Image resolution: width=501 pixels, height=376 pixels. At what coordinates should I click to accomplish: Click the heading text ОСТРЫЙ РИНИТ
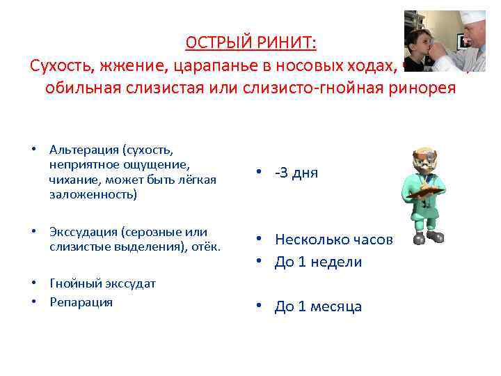(250, 43)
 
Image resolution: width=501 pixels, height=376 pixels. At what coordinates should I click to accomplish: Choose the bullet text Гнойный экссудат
(102, 283)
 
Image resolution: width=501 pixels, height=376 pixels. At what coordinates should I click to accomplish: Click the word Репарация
(81, 302)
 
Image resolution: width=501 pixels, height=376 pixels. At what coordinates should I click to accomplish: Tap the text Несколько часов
(333, 240)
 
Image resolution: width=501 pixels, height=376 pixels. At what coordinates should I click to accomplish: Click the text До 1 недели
(318, 262)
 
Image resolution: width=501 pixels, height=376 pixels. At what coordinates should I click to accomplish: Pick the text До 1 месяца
(318, 307)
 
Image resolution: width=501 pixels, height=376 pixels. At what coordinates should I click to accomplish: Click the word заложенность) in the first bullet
(93, 195)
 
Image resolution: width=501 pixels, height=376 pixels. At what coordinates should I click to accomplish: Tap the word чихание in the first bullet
(72, 180)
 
